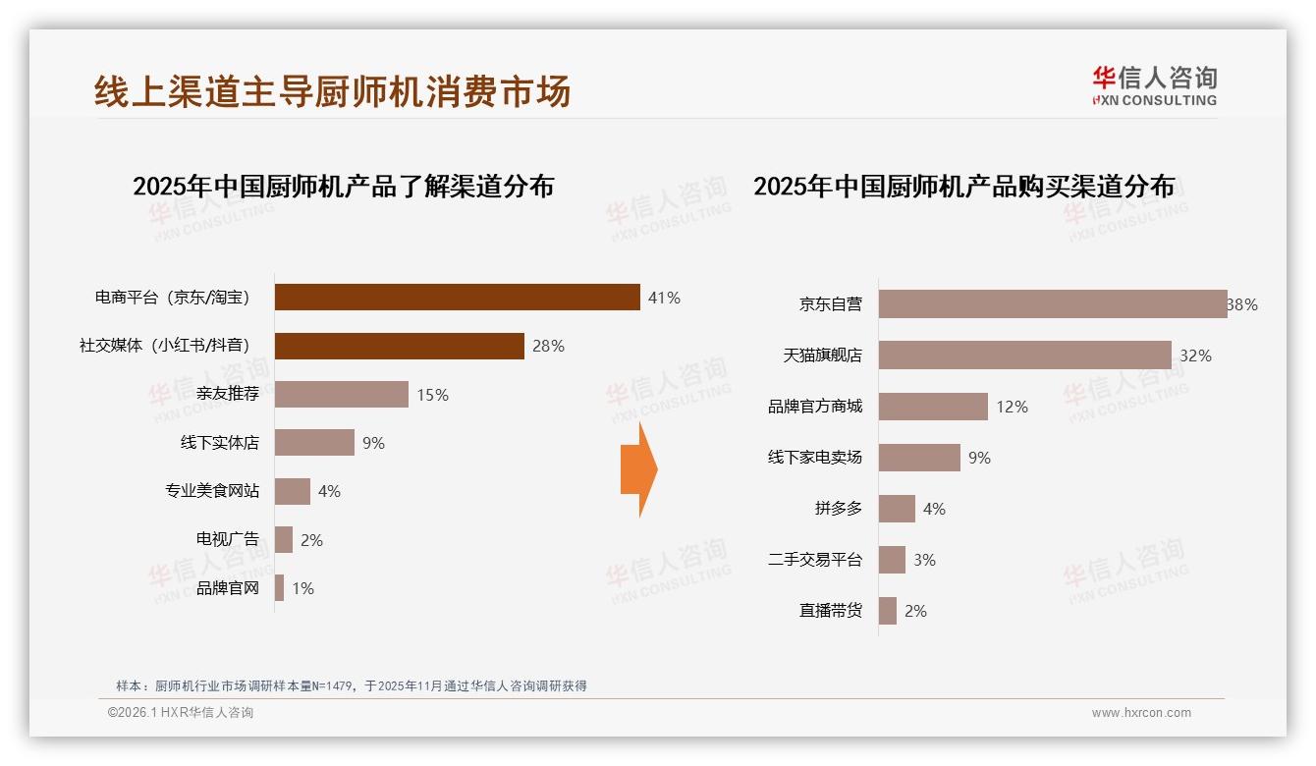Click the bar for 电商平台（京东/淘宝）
(457, 298)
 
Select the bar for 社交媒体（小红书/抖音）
(399, 346)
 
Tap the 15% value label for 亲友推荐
(432, 395)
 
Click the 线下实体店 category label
(219, 443)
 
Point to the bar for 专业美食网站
(293, 491)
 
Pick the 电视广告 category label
(227, 539)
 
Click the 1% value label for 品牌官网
(302, 588)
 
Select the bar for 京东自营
(1052, 304)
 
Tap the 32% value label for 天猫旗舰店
(1195, 356)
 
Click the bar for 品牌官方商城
(933, 407)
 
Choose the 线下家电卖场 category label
(814, 458)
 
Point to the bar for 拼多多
(897, 509)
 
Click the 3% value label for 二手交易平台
(924, 560)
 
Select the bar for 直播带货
(888, 611)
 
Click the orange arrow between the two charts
(638, 469)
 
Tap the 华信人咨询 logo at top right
(1154, 86)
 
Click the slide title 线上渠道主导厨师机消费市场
(332, 91)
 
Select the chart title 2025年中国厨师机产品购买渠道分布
(963, 187)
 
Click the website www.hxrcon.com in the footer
(1141, 713)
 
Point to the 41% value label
(664, 298)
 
